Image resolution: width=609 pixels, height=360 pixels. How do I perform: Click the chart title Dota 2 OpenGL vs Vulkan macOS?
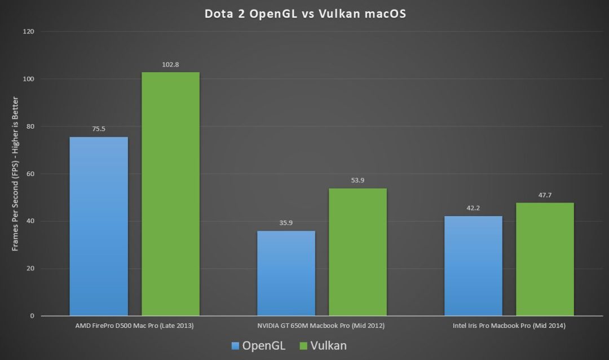(305, 14)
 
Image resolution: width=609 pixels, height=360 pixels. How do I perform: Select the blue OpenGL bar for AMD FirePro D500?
(99, 226)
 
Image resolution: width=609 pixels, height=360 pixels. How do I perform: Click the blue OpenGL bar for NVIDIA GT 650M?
(286, 273)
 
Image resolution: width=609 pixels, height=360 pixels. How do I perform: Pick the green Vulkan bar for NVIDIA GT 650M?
(358, 252)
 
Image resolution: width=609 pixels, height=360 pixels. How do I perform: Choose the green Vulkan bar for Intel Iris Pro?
(545, 259)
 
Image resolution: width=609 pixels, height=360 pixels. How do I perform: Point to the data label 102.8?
(170, 64)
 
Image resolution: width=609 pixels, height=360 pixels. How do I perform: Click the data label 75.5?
(99, 129)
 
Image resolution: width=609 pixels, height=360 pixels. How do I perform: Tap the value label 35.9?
(286, 223)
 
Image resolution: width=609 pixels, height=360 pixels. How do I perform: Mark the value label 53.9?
(358, 181)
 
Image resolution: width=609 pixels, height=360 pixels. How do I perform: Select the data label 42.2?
(473, 208)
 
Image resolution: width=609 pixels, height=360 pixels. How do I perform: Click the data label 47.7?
(545, 195)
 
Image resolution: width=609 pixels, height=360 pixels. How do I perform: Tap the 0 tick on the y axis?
(33, 316)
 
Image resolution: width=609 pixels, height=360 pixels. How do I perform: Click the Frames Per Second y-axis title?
(15, 174)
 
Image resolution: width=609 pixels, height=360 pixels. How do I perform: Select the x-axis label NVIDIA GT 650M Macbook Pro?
(321, 326)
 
